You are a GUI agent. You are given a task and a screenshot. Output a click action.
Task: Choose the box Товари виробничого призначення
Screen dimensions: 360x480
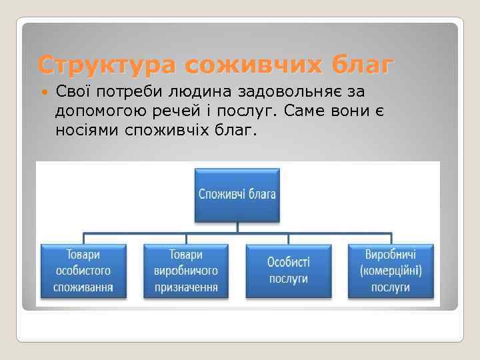186,271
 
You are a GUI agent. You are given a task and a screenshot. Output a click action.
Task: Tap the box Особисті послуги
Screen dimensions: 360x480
289,271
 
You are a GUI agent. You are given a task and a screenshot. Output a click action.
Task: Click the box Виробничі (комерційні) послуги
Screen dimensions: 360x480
391,271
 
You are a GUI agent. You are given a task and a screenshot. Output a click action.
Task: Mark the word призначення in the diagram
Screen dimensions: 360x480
186,287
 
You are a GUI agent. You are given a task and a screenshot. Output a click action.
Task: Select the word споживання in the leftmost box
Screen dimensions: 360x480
83,287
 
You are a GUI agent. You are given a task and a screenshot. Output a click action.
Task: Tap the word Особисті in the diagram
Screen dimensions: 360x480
289,263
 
